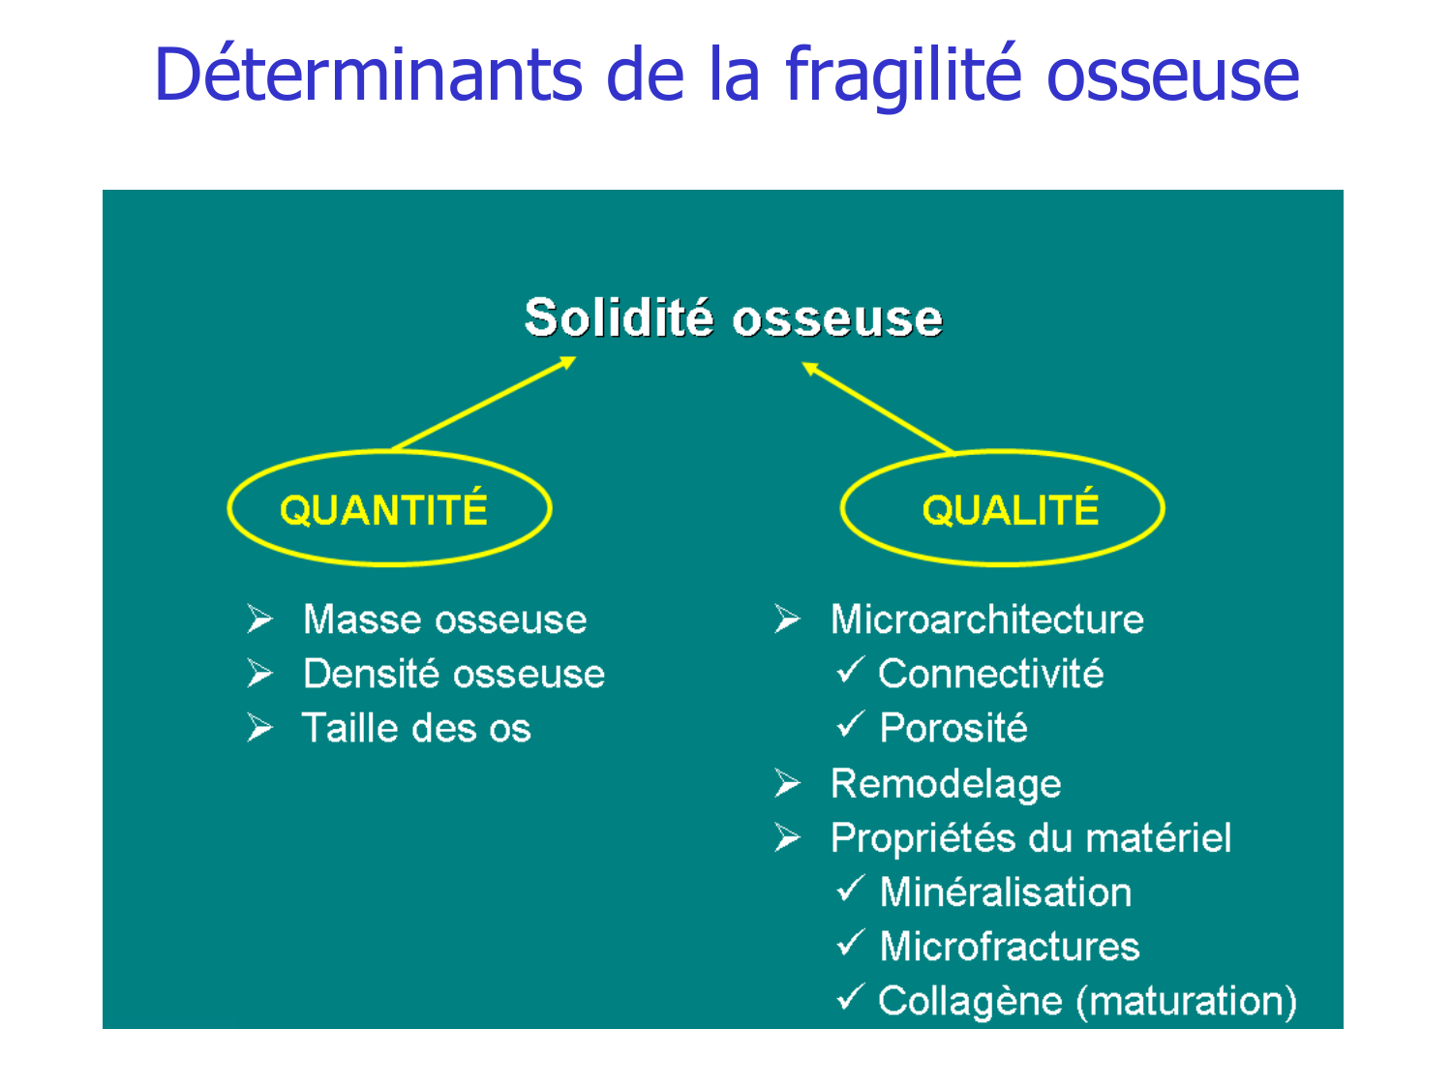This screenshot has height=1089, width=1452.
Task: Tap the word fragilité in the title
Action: click(x=903, y=75)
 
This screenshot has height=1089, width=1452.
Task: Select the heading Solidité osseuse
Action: click(x=733, y=318)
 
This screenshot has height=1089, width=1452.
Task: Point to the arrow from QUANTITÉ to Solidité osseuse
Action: click(x=484, y=404)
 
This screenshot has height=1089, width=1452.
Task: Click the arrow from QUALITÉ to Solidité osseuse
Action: click(x=878, y=408)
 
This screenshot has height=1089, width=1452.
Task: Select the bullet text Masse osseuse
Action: click(x=444, y=620)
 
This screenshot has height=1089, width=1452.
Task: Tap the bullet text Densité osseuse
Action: click(x=454, y=674)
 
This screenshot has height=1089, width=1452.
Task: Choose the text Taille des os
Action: click(x=416, y=728)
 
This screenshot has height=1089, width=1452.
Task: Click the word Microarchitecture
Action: click(x=987, y=620)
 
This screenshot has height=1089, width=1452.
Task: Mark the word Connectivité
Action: click(x=991, y=674)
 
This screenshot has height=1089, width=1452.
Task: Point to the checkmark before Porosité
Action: click(x=850, y=724)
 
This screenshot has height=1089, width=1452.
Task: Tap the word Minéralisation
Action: click(x=1006, y=892)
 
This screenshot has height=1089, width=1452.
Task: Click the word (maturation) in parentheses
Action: click(x=1186, y=1001)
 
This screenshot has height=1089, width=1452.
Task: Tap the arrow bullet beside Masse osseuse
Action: click(x=259, y=619)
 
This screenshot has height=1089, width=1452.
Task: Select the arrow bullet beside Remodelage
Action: click(x=787, y=783)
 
